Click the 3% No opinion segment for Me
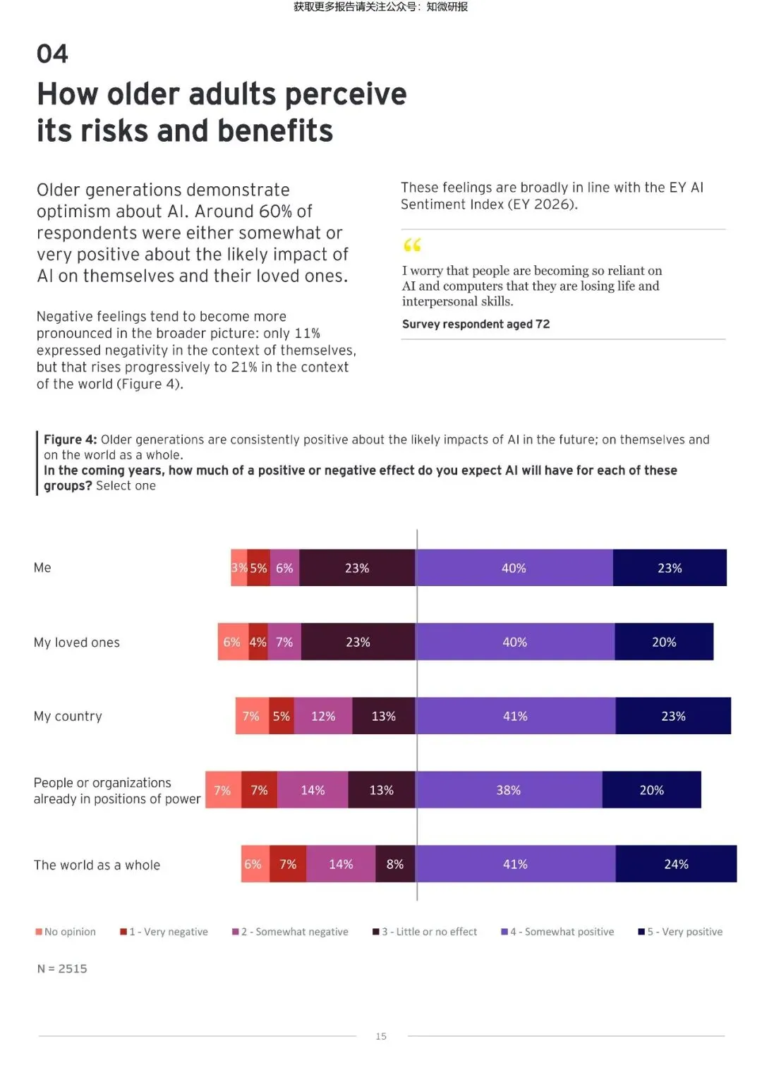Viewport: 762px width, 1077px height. click(x=239, y=568)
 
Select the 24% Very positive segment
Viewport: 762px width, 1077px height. click(x=676, y=864)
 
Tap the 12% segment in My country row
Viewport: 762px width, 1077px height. click(x=323, y=716)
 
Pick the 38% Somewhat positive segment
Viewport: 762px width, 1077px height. click(x=509, y=790)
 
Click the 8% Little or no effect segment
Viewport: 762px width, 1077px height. click(x=395, y=864)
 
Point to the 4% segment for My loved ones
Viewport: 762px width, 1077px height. click(x=258, y=642)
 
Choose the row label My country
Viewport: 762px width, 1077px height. click(x=68, y=717)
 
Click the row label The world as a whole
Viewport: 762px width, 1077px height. click(x=97, y=865)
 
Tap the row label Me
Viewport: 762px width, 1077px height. click(x=42, y=568)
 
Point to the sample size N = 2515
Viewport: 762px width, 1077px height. click(x=62, y=969)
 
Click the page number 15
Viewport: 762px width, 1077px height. click(x=381, y=1036)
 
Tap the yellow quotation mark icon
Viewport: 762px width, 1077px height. click(x=412, y=245)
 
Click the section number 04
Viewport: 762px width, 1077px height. click(x=52, y=54)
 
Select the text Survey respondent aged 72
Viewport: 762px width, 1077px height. click(x=476, y=324)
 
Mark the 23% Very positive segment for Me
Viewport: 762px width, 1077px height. click(x=670, y=568)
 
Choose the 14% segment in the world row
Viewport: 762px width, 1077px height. click(x=341, y=864)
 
